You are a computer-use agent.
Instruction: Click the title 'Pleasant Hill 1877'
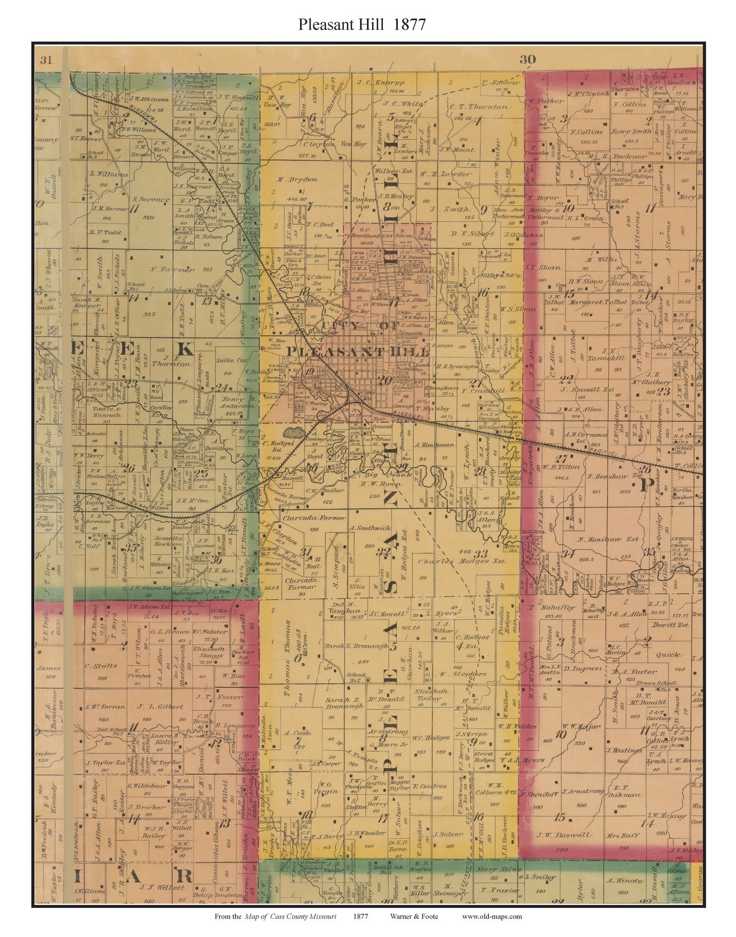pyautogui.click(x=362, y=24)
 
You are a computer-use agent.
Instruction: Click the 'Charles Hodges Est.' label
pyautogui.click(x=462, y=561)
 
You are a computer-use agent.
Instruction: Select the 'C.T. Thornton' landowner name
pyautogui.click(x=478, y=107)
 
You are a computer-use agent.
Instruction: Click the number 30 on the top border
pyautogui.click(x=528, y=59)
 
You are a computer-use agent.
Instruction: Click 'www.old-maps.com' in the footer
pyautogui.click(x=492, y=916)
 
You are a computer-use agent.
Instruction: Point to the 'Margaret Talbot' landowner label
pyautogui.click(x=598, y=302)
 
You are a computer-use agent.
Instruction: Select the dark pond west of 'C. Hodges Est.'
pyautogui.click(x=292, y=431)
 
